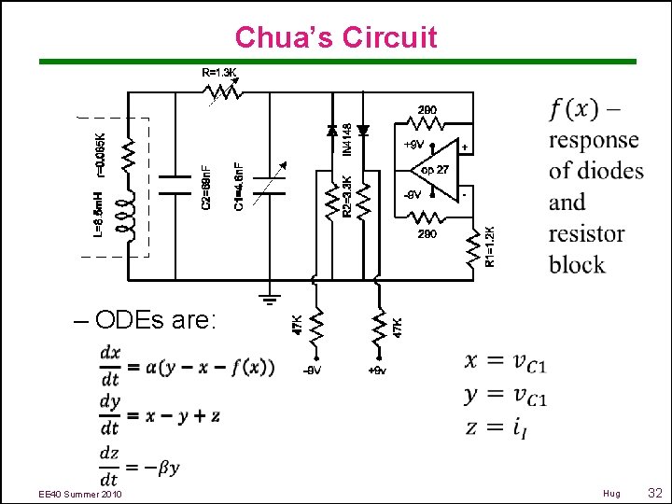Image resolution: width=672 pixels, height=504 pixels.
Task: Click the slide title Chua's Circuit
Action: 336,36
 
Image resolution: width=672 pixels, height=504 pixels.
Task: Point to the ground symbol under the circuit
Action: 271,299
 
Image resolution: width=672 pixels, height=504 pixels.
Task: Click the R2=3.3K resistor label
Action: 346,195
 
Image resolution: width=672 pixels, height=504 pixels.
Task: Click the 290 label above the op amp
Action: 427,109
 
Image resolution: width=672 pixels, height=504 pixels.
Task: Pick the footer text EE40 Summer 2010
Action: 80,494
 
